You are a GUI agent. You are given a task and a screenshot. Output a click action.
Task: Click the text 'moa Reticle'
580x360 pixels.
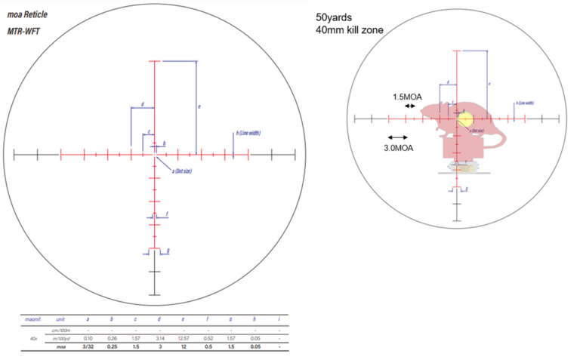coord(27,14)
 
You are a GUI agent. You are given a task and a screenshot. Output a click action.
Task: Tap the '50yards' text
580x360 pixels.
coord(335,17)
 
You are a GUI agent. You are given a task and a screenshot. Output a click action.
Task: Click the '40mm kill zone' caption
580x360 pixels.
coord(350,30)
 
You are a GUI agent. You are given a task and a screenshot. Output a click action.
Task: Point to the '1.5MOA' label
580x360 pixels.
coord(407,97)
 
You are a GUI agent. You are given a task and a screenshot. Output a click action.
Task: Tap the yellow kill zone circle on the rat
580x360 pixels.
coord(465,118)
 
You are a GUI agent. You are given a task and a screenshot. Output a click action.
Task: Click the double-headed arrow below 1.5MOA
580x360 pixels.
coord(409,107)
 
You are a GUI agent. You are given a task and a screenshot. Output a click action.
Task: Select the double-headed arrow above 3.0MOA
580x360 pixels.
coord(396,137)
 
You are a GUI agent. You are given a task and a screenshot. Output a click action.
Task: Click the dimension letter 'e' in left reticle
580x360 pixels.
coord(199,107)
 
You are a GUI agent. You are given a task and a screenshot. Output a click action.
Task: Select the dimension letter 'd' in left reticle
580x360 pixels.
coord(142,104)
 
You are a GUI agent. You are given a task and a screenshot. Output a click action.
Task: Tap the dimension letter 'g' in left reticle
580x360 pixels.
coord(168,250)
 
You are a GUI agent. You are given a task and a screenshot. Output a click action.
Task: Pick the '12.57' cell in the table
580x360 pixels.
coord(182,339)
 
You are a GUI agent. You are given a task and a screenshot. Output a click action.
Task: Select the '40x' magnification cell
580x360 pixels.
coord(30,339)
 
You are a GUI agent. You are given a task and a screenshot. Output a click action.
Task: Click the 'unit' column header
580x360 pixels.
coord(60,320)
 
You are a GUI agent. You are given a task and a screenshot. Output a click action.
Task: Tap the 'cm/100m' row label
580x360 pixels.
coord(60,330)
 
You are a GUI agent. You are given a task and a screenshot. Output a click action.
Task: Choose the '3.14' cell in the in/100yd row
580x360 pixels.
coord(159,339)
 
